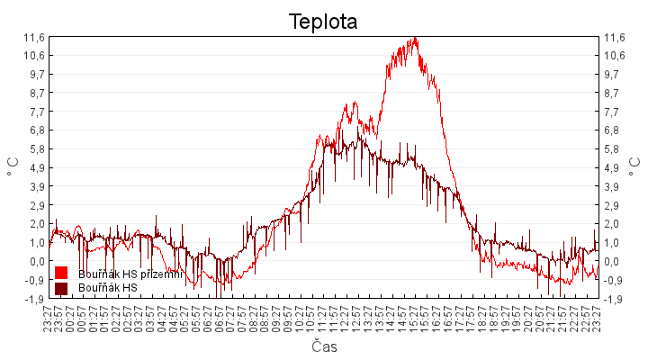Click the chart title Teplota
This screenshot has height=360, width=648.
tap(323, 21)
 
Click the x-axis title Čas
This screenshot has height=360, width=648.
tap(324, 346)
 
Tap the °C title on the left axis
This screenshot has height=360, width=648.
tap(13, 167)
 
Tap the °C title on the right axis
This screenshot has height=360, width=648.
tap(634, 167)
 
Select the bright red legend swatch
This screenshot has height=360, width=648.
tap(61, 273)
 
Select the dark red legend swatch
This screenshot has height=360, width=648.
tap(61, 288)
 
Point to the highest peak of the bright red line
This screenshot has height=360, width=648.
tap(415, 38)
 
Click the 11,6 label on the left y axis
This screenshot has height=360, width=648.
tap(34, 37)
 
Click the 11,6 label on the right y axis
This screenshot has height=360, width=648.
tap(614, 37)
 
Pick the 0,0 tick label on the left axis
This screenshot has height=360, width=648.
tap(36, 261)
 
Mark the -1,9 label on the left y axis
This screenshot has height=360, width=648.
tap(34, 299)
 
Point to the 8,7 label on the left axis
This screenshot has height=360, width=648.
tap(36, 93)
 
